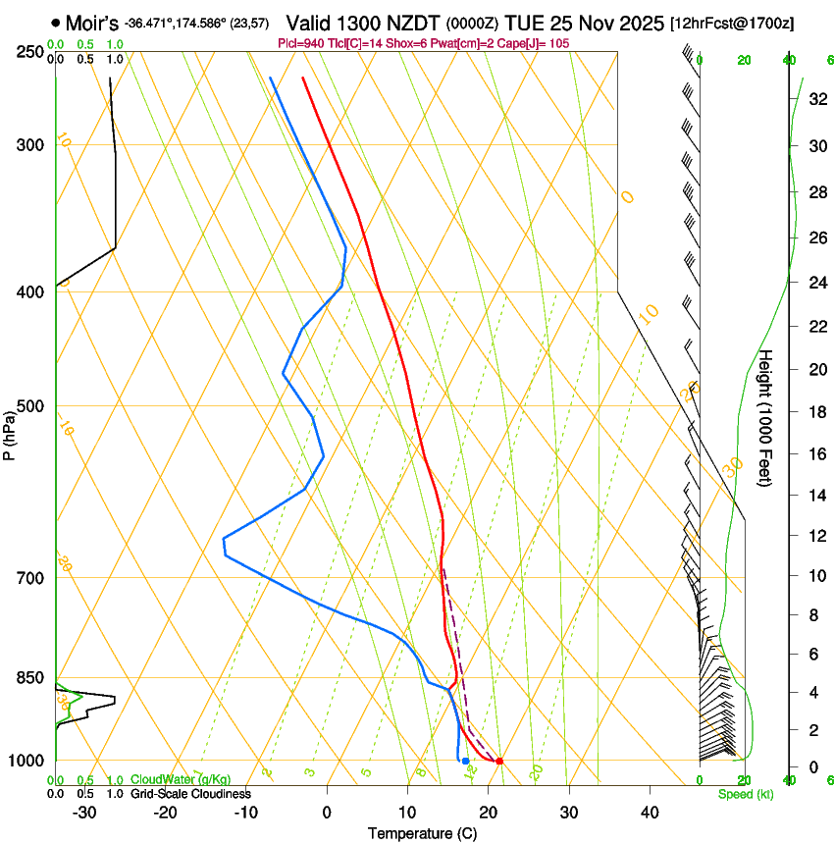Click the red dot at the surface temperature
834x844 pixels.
pyautogui.click(x=499, y=761)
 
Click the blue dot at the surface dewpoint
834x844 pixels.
pyautogui.click(x=465, y=761)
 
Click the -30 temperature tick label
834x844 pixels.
pyautogui.click(x=84, y=812)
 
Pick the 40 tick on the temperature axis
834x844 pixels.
pyautogui.click(x=649, y=812)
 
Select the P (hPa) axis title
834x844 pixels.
pyautogui.click(x=10, y=433)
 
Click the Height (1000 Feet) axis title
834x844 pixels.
pyautogui.click(x=766, y=417)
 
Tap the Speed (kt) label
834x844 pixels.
pyautogui.click(x=745, y=794)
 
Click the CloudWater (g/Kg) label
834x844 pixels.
pyautogui.click(x=181, y=780)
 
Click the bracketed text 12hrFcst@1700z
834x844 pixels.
pyautogui.click(x=733, y=22)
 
